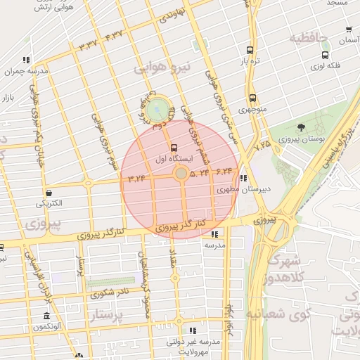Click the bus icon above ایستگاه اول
pyautogui.click(x=174, y=148)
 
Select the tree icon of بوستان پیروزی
pyautogui.click(x=301, y=127)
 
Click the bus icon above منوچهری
pyautogui.click(x=252, y=98)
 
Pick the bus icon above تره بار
pyautogui.click(x=249, y=50)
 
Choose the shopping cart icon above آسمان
pyautogui.click(x=349, y=30)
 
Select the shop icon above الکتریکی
pyautogui.click(x=49, y=192)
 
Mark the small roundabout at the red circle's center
pyautogui.click(x=181, y=173)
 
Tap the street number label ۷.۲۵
pyautogui.click(x=262, y=145)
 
